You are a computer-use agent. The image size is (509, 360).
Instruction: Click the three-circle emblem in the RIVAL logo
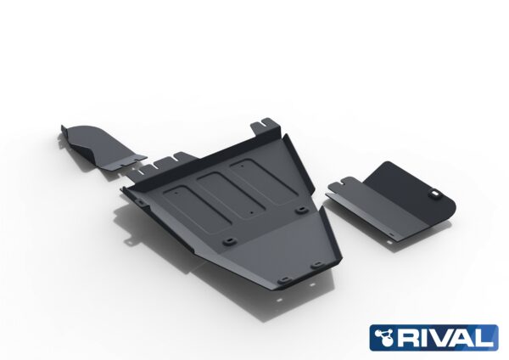coord(383,338)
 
